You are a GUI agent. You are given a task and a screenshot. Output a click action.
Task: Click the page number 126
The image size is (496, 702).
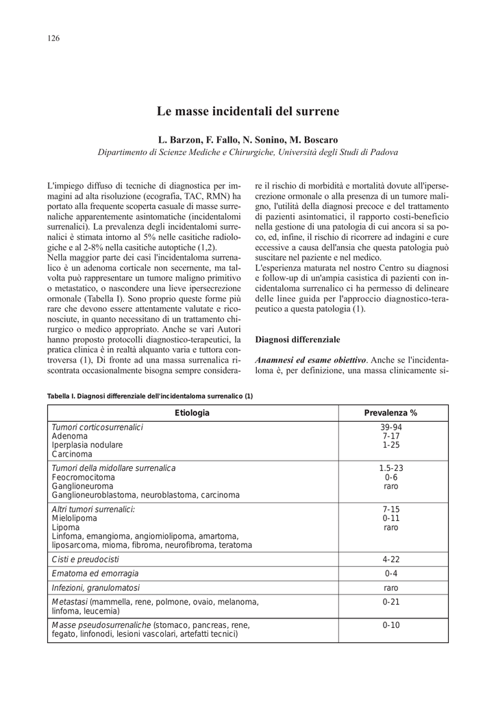tap(53, 38)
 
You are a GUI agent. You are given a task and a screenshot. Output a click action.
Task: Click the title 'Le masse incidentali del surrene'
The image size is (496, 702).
tap(248, 110)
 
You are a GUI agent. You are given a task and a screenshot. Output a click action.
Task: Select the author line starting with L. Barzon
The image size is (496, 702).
tap(248, 140)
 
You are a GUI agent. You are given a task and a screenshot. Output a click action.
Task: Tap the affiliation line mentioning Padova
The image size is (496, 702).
tap(248, 152)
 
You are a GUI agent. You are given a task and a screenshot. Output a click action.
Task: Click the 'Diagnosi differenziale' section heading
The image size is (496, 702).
tap(297, 339)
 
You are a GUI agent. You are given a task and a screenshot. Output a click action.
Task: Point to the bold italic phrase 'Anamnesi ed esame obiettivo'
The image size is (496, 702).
tap(310, 360)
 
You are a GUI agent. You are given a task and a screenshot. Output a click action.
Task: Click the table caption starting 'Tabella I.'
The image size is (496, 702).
tap(150, 396)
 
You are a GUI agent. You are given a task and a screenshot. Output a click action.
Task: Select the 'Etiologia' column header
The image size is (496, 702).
tap(193, 413)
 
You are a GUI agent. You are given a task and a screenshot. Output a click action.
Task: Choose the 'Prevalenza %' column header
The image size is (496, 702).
tap(390, 413)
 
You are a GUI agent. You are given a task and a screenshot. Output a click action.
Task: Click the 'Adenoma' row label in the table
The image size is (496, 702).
tap(70, 436)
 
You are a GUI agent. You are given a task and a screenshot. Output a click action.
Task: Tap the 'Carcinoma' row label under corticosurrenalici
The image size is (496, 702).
tap(72, 454)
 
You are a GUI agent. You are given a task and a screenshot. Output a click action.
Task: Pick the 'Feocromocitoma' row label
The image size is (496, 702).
tap(84, 476)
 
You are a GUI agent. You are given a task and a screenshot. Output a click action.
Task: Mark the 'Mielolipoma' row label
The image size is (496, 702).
tap(73, 518)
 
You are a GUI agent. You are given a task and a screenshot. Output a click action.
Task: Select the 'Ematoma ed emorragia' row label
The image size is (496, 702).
tap(95, 573)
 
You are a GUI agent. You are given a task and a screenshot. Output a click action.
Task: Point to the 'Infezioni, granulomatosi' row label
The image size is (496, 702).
tap(96, 588)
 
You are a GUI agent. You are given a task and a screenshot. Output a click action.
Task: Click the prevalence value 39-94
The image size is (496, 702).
tap(391, 427)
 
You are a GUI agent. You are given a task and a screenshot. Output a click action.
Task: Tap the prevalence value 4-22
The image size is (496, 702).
tap(391, 559)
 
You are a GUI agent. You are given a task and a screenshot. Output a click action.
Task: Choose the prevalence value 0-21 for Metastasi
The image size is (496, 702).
tap(391, 602)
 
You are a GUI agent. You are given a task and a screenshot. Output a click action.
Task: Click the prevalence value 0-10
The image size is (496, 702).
tap(391, 625)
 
